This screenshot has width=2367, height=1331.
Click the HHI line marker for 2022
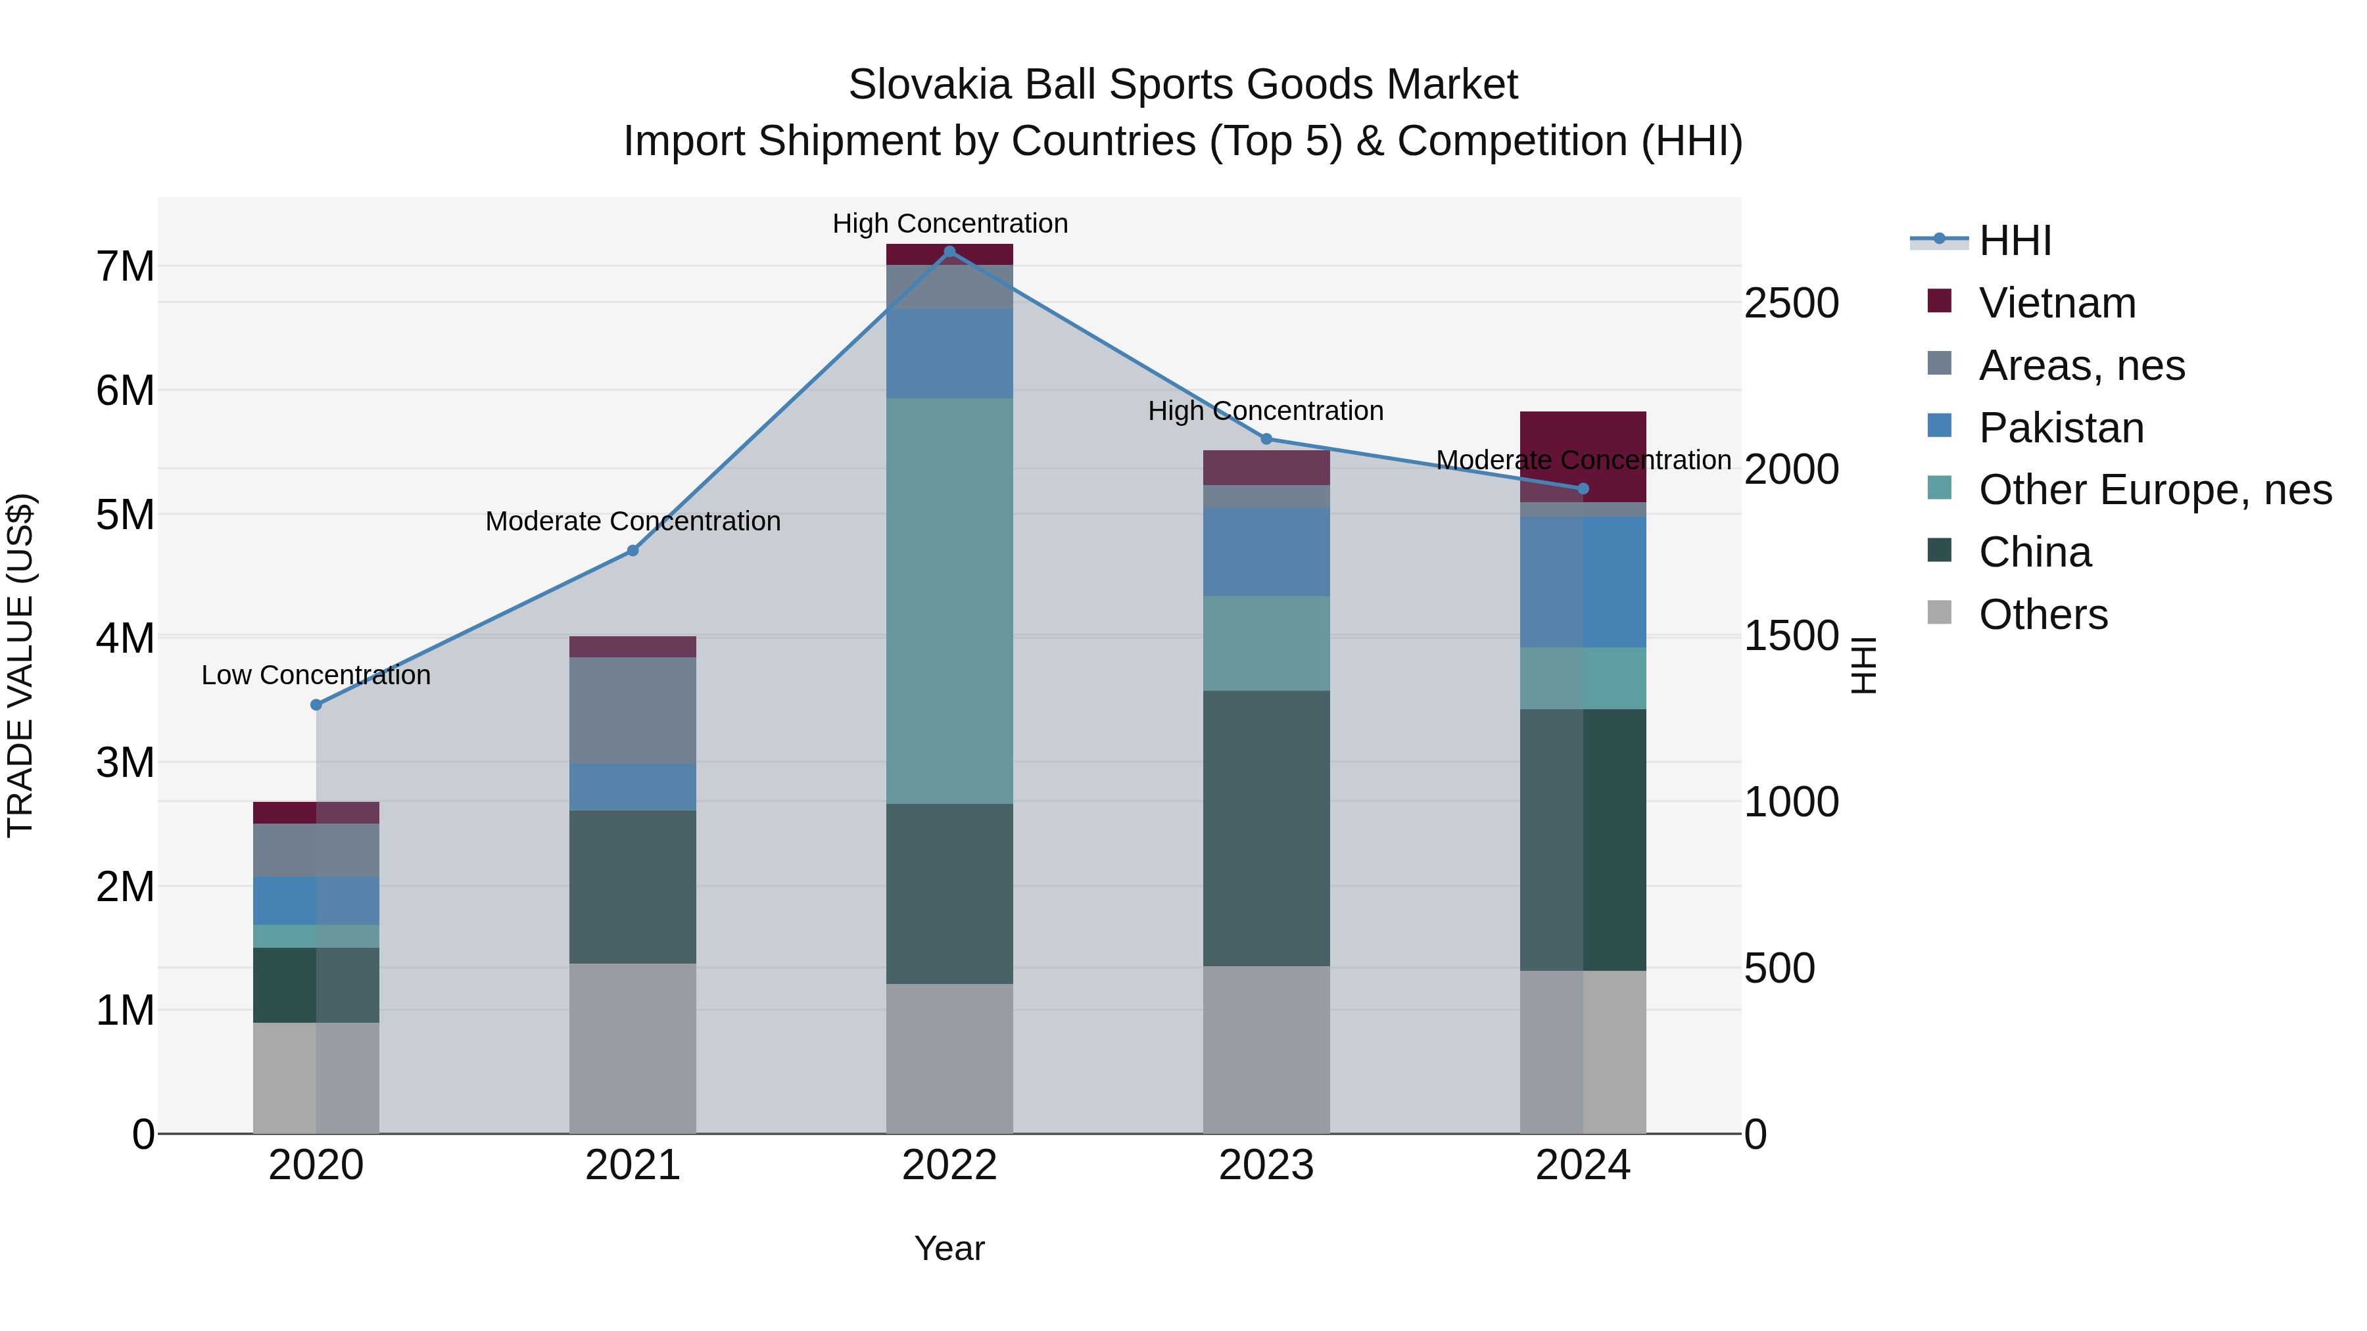949,252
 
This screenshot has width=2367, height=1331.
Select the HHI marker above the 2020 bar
316,705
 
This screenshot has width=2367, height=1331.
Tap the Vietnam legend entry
2057,303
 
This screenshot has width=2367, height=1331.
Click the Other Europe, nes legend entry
2154,490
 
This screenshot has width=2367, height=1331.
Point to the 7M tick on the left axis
125,266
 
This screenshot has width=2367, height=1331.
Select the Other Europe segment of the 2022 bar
949,601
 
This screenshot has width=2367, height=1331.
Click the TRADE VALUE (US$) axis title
20,665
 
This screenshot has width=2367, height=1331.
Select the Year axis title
949,1248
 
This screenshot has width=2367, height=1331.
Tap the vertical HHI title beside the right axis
1863,665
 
